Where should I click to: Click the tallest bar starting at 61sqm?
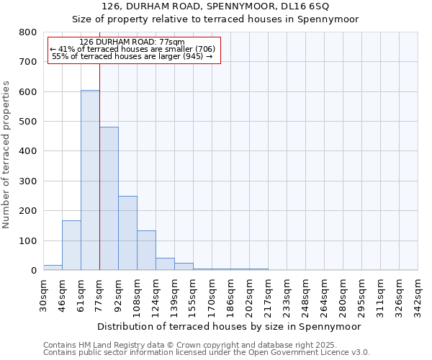tap(90, 180)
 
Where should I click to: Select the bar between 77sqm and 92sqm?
tap(109, 199)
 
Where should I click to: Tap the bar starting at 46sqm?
tap(71, 246)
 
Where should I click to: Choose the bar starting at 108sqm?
tap(146, 251)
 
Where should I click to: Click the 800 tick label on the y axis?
tap(28, 32)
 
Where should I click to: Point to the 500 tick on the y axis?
tap(28, 122)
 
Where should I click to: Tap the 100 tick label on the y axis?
tap(28, 240)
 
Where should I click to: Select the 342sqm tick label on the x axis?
tap(418, 296)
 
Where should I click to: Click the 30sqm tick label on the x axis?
tap(44, 294)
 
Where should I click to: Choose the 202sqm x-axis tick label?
tap(250, 296)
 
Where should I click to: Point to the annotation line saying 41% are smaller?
tap(132, 48)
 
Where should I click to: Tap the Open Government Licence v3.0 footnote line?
tap(207, 353)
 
